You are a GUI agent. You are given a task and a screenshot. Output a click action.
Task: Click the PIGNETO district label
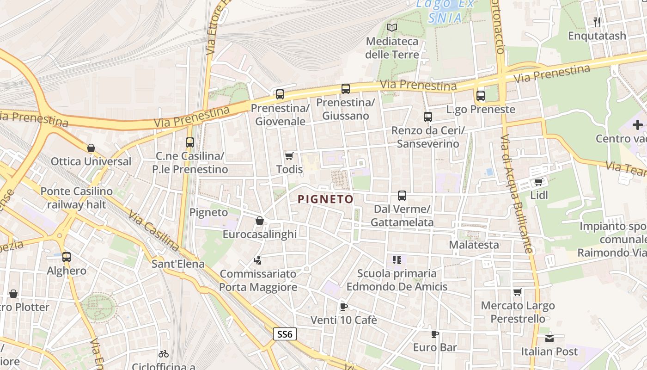325,199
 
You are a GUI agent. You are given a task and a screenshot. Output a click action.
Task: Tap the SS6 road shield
285,334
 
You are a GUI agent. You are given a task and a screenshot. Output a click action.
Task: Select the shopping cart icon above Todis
289,156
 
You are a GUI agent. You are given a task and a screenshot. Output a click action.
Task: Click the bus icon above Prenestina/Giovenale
280,94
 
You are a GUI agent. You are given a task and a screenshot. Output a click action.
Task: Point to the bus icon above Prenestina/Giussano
346,89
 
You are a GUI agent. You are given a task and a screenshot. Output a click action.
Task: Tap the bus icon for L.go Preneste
481,96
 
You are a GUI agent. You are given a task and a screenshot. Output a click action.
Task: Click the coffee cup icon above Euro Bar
434,334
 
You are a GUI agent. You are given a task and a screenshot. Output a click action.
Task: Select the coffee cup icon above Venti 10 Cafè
343,306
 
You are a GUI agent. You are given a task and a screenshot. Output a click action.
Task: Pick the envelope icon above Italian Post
549,338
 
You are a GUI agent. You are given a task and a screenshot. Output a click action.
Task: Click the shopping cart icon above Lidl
538,182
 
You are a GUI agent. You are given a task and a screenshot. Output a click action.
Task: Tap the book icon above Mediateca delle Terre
392,27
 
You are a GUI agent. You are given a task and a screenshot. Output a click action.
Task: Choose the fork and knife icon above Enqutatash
597,22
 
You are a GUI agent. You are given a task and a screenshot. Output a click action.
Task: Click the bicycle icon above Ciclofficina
164,354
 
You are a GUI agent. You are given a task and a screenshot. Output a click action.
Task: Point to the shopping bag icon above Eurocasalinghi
260,221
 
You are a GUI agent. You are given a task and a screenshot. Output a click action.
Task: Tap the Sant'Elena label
178,264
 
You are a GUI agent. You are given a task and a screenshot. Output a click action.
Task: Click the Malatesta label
474,245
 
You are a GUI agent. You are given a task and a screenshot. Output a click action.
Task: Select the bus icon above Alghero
67,257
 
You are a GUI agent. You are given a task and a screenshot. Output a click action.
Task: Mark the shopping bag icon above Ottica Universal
91,148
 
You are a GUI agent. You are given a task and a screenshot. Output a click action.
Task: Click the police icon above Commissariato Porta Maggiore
257,260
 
